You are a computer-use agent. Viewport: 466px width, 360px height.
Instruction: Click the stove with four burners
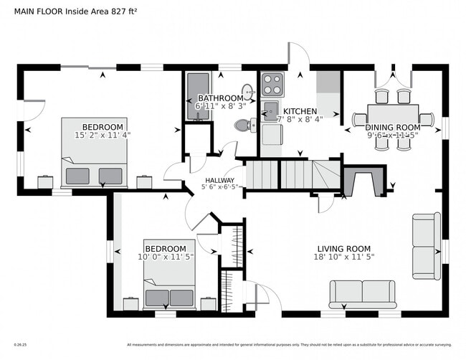point(272,85)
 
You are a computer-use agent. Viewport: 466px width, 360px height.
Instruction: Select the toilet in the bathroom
point(244,125)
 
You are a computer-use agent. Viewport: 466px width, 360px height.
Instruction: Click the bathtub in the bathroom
point(196,98)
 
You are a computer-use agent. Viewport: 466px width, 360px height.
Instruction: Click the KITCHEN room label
point(299,111)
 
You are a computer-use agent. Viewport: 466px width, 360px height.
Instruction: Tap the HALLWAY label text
point(219,181)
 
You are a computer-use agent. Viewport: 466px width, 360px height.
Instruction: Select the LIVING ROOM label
point(346,248)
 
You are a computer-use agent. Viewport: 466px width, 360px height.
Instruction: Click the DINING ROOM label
point(394,128)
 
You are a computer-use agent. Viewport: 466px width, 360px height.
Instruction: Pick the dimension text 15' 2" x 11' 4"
point(103,134)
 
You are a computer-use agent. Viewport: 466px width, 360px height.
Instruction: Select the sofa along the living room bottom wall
point(362,293)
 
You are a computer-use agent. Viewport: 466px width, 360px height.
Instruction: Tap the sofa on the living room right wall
point(426,246)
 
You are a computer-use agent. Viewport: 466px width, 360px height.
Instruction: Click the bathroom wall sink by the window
point(248,92)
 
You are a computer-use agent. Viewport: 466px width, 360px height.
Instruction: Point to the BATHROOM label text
point(220,98)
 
